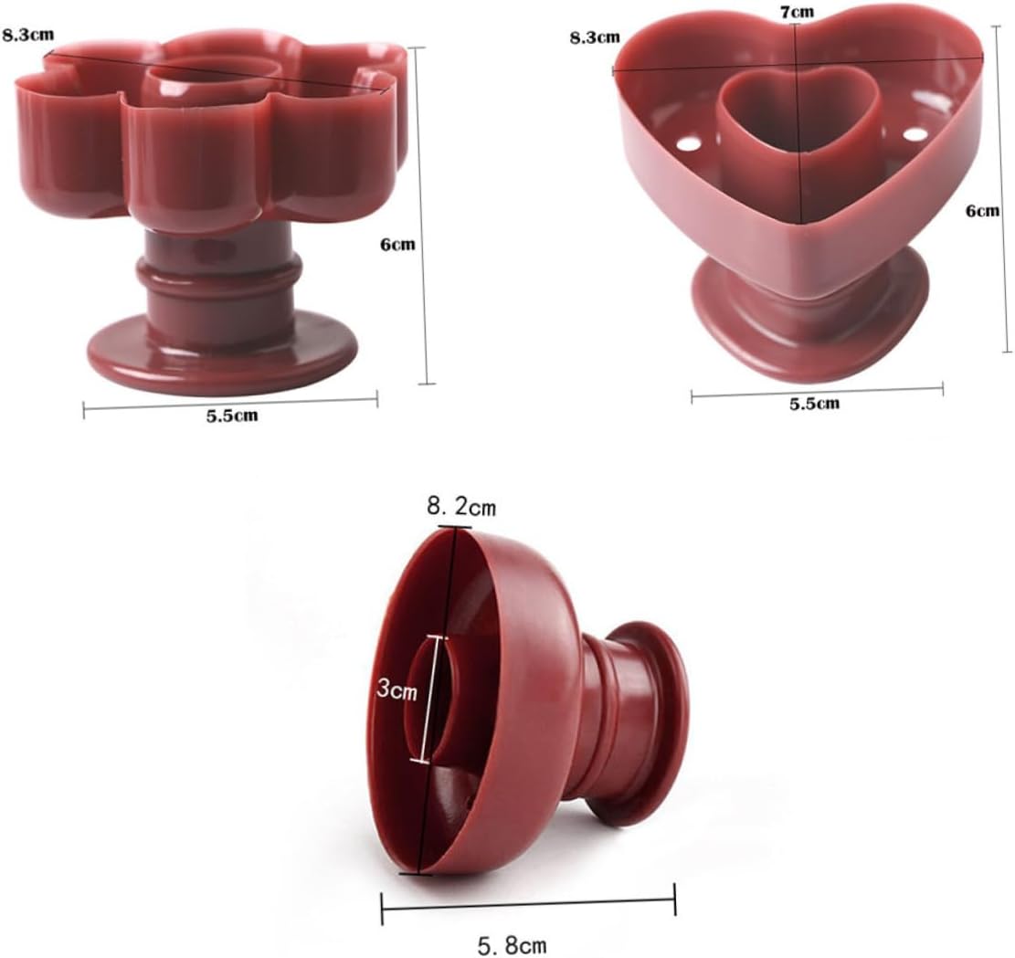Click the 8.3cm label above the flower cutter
point(27,35)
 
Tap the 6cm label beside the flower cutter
point(396,245)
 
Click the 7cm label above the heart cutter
point(797,11)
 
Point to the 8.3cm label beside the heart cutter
point(595,37)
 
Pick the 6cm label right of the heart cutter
point(983,210)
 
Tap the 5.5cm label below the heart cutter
point(814,404)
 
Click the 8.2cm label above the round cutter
point(460,506)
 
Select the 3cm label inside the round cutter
point(396,690)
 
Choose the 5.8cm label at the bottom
point(512,945)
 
